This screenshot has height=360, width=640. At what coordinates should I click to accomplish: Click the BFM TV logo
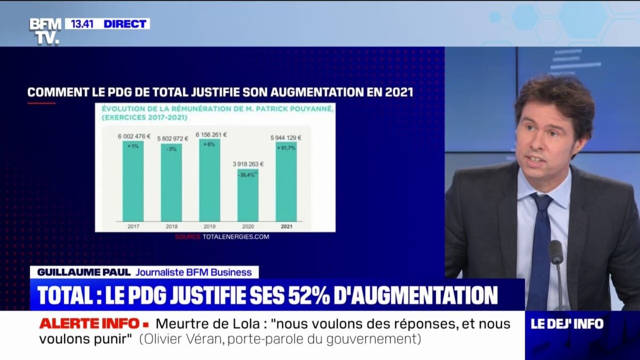point(45,31)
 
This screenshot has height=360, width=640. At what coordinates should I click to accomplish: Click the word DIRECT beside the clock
point(125,23)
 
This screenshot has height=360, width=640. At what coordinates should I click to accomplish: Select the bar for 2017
point(133,181)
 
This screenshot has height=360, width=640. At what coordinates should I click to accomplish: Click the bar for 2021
point(286,181)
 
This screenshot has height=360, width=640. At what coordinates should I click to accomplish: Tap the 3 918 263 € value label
point(248,164)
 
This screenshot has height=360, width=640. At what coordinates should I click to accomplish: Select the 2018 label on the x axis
point(171,226)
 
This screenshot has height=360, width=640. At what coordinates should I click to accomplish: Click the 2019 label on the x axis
point(210,226)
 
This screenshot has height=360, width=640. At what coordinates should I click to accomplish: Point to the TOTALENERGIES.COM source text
point(236,236)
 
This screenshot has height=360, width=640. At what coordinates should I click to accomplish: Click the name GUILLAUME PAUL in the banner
point(81,272)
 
